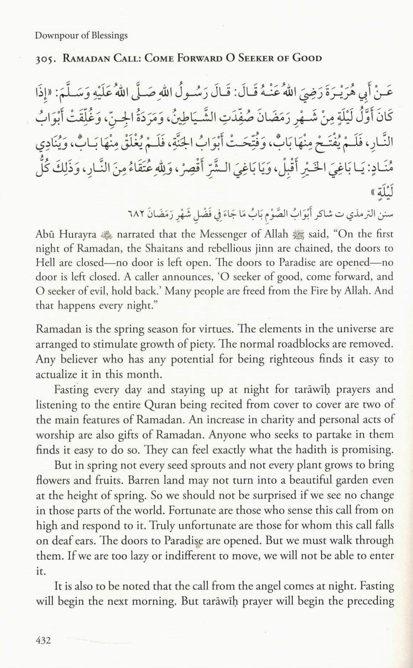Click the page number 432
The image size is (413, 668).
coord(43,640)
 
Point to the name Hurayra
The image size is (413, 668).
coord(78,234)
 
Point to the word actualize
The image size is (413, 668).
coord(56,374)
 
